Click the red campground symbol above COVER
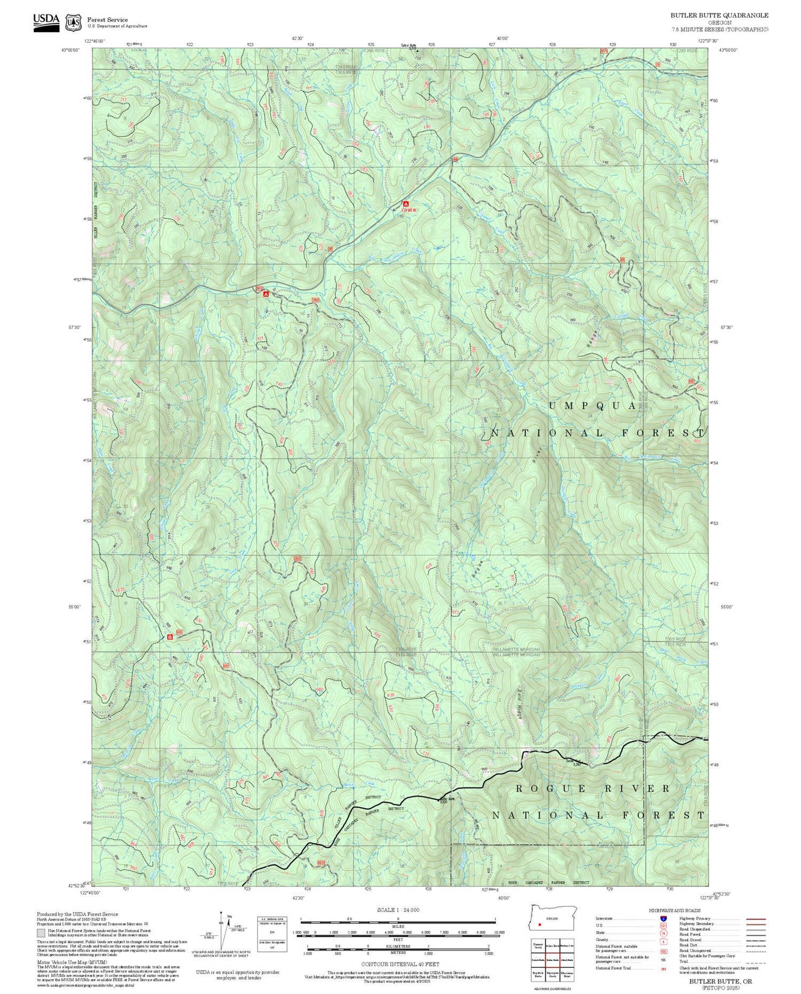click(406, 203)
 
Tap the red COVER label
click(408, 210)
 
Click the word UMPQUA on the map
click(593, 406)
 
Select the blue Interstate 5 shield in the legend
click(663, 918)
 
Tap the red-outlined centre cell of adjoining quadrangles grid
click(552, 959)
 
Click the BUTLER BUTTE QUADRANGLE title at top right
click(719, 16)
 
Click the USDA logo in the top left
click(46, 20)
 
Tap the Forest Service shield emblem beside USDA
click(73, 22)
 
